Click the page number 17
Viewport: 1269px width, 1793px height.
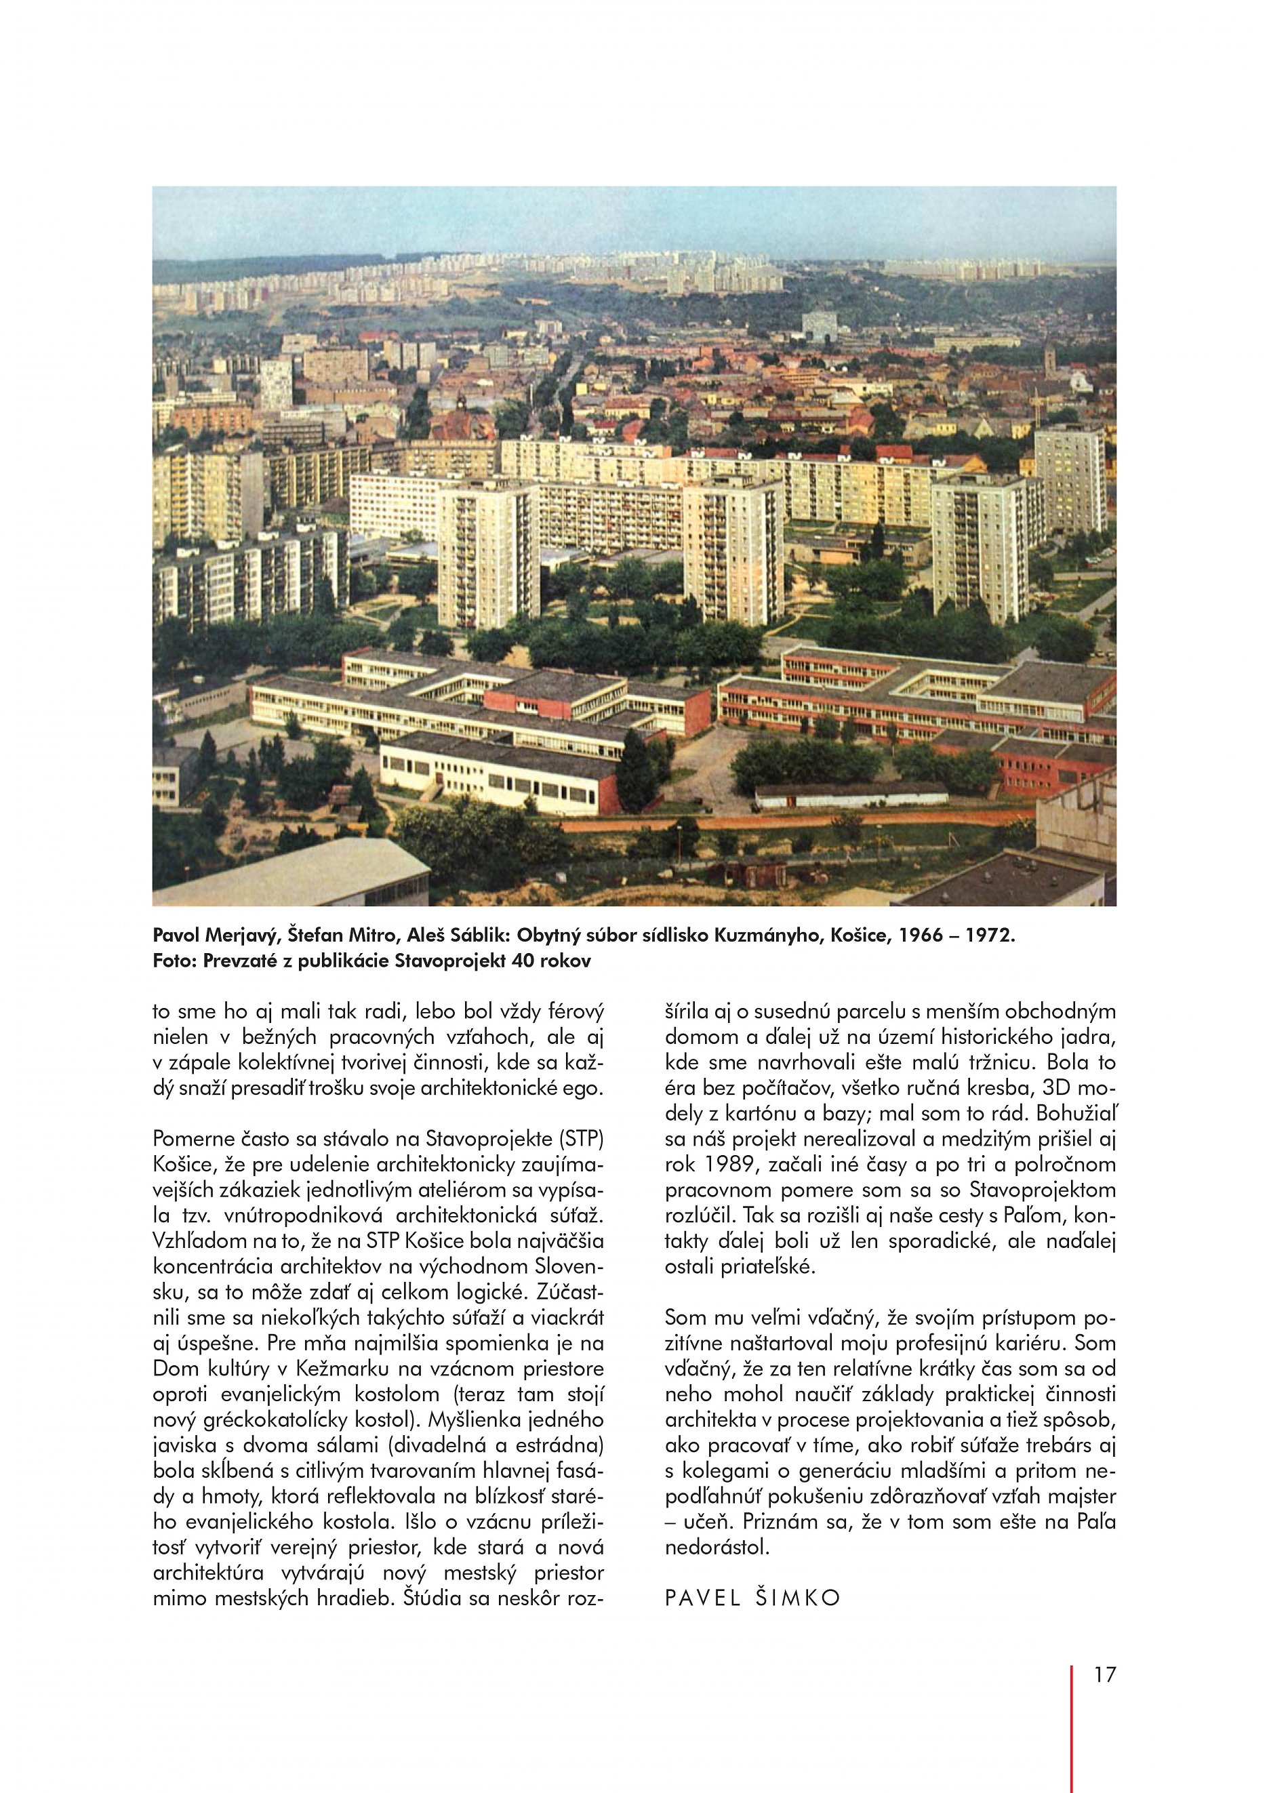tap(1104, 1693)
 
